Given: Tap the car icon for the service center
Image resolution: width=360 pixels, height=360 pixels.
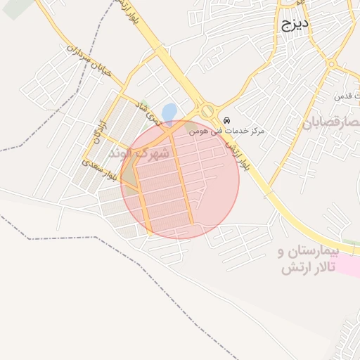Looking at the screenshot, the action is pyautogui.click(x=226, y=120).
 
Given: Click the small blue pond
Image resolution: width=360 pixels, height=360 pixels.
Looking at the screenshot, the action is pyautogui.click(x=169, y=112).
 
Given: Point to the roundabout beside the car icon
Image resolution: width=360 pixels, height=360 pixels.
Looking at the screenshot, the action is pyautogui.click(x=206, y=111).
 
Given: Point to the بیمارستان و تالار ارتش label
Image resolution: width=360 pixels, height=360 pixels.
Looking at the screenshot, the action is pyautogui.click(x=308, y=260).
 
